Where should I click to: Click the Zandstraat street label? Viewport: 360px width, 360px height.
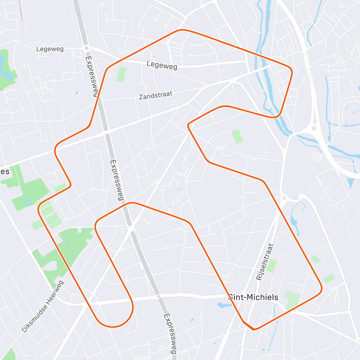[155, 95]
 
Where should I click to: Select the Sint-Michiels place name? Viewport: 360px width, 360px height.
[254, 297]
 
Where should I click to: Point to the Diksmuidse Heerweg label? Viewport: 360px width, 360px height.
[43, 306]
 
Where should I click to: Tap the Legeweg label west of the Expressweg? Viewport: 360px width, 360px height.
[50, 49]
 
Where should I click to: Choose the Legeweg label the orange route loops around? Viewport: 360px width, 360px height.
[162, 65]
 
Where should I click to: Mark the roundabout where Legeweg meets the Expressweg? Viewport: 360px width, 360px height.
[86, 48]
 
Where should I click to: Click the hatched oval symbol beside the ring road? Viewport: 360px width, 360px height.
[315, 157]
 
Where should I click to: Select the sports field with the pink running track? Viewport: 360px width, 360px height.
[271, 266]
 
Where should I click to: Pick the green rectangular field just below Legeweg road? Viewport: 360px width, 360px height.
[121, 74]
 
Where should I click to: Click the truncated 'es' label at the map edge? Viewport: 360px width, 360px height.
[5, 172]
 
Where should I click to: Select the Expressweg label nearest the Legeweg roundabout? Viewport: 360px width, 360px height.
[92, 76]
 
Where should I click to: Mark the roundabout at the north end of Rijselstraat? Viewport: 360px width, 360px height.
[284, 198]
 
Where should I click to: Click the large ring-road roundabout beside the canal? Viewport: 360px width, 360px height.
[314, 128]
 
